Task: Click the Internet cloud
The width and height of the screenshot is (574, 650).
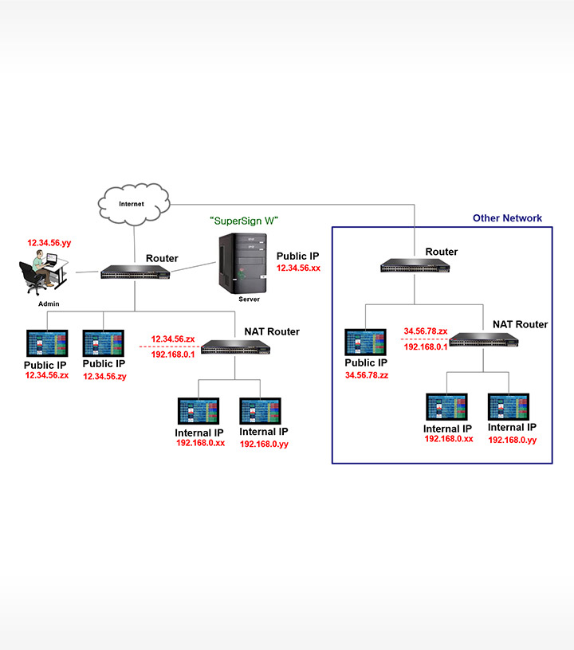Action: (134, 205)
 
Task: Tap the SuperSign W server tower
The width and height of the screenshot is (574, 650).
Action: (243, 263)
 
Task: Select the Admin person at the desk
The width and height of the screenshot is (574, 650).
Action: (43, 272)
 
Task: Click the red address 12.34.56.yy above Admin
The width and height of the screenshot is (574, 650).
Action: (49, 243)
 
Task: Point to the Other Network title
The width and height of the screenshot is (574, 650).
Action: (507, 218)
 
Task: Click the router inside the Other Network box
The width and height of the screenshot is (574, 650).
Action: (415, 266)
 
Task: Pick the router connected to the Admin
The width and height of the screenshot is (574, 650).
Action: (136, 272)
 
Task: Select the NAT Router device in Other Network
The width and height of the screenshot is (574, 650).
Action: (484, 340)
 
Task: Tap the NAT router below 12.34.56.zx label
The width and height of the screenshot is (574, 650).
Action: (235, 347)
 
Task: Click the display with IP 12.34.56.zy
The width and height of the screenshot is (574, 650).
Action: (104, 343)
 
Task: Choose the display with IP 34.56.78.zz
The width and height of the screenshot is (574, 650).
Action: (365, 342)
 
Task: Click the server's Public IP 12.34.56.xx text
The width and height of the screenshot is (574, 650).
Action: (298, 268)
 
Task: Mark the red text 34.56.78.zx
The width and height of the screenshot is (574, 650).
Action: (426, 331)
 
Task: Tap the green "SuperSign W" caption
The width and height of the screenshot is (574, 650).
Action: (244, 221)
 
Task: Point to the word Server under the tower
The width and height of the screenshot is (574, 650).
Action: (250, 300)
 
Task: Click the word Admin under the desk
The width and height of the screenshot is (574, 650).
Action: (49, 303)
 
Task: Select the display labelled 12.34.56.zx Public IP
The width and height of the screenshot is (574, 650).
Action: (47, 343)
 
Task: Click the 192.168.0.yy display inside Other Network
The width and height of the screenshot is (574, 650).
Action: (509, 407)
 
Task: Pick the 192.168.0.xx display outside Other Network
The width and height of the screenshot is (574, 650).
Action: (199, 411)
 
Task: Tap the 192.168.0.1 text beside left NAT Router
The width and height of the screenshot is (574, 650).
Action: (173, 354)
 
